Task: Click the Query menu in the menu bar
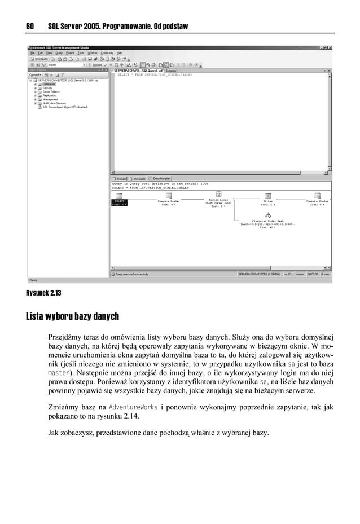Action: [59, 53]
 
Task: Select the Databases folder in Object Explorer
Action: [49, 84]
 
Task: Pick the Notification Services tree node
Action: [54, 103]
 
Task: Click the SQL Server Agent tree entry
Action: [63, 107]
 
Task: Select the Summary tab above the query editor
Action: [171, 71]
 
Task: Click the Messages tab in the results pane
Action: [138, 178]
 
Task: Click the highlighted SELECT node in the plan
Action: [120, 202]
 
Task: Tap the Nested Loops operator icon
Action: [218, 195]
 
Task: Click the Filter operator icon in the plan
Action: [268, 195]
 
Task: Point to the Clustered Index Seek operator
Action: [267, 215]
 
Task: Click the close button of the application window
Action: [330, 47]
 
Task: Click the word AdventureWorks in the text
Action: [129, 406]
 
